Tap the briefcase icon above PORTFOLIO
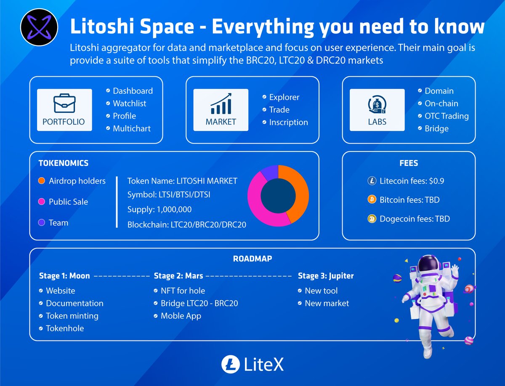coord(64,103)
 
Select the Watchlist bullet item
coord(129,104)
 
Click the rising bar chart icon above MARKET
coord(221,104)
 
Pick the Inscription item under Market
coord(288,122)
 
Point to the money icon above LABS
coord(377,104)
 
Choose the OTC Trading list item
coord(446,116)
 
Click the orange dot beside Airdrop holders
coord(41,181)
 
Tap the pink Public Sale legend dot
coord(41,202)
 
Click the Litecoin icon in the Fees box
coord(372,181)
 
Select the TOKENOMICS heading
coord(64,163)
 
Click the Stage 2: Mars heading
coord(178,276)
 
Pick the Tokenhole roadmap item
coord(64,328)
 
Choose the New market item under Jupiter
coord(327,303)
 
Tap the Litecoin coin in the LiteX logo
coord(230,365)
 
